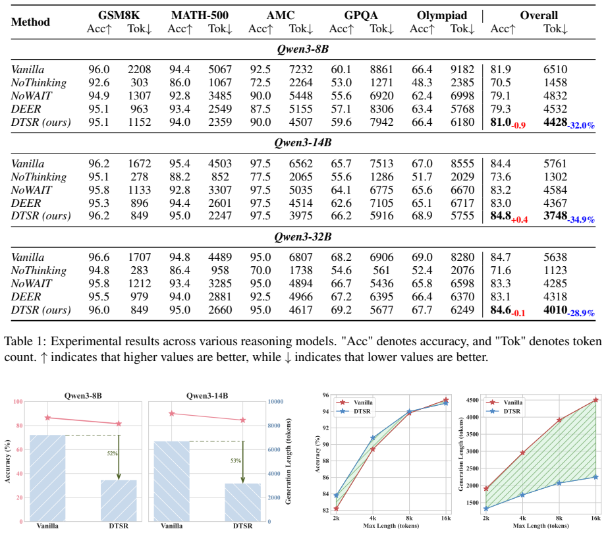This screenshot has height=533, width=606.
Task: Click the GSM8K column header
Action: (x=119, y=15)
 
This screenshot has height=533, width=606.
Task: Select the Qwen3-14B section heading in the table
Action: (x=303, y=142)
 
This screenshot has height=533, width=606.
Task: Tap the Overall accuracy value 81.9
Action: (x=501, y=70)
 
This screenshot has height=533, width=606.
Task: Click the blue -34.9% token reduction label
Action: (x=581, y=219)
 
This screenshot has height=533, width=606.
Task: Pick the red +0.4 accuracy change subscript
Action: (x=520, y=219)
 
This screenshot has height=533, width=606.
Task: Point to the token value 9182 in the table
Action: (x=462, y=70)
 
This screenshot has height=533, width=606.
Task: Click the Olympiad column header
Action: (x=442, y=15)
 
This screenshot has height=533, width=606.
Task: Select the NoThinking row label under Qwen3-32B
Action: (x=39, y=271)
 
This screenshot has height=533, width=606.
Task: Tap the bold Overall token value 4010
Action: (x=555, y=310)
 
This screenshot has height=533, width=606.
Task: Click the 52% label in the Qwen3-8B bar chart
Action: (x=113, y=453)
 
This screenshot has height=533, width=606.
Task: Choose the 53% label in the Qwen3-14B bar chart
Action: (x=236, y=461)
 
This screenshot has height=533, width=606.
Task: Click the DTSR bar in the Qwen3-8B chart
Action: (x=119, y=501)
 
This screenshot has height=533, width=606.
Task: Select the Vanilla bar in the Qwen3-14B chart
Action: (x=172, y=481)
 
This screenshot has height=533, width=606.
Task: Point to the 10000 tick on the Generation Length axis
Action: (x=275, y=402)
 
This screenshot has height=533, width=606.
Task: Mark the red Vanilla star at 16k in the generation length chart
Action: (x=595, y=400)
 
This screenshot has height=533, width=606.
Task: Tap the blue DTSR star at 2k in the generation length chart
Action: (x=486, y=509)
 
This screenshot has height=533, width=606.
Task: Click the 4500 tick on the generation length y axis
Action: (x=473, y=400)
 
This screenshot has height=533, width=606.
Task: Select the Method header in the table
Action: (x=30, y=22)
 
